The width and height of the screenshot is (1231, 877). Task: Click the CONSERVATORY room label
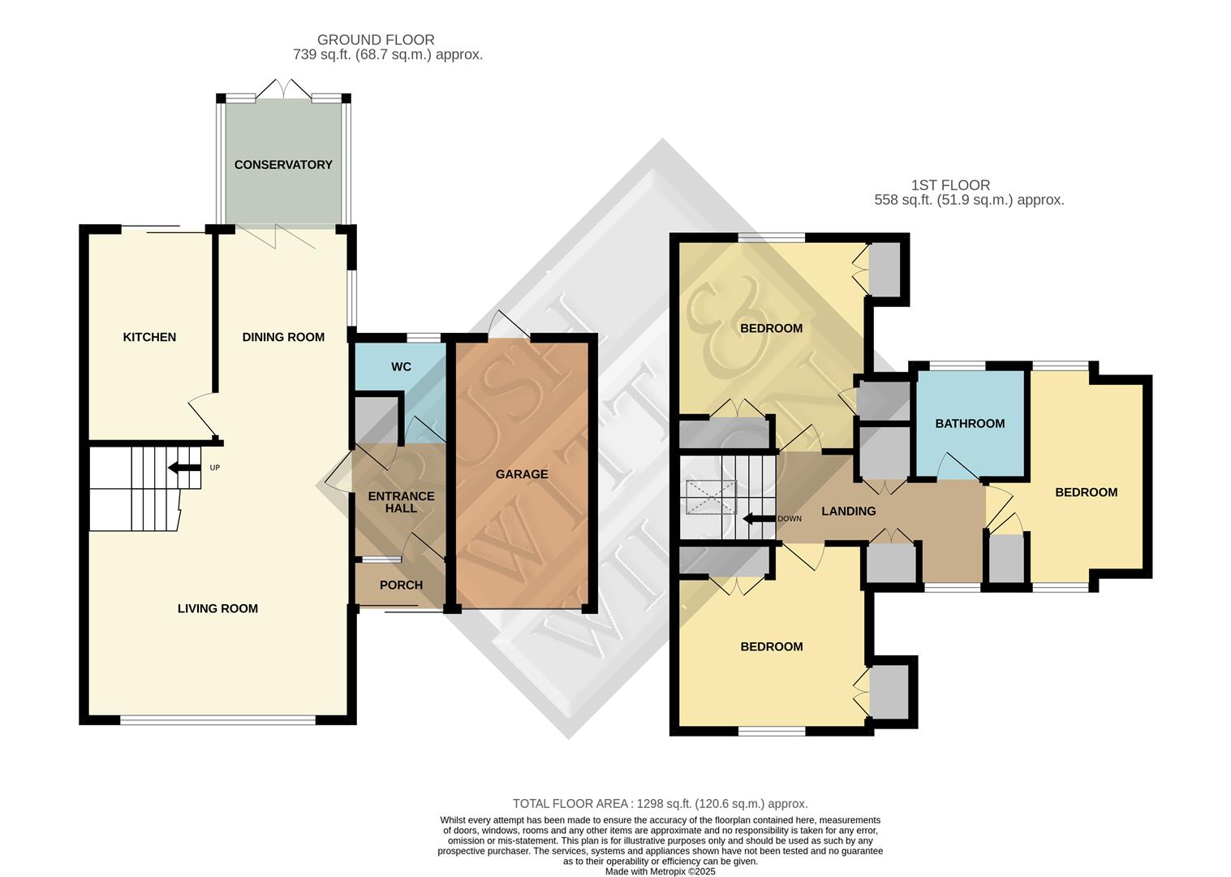click(283, 165)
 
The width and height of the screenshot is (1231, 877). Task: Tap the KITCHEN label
click(149, 337)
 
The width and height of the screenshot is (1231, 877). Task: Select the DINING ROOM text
click(283, 337)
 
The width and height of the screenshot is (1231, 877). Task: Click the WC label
click(401, 367)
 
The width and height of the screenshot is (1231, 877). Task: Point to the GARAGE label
click(522, 474)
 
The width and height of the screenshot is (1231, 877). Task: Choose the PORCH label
click(401, 585)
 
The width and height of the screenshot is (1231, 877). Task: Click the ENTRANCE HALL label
click(401, 502)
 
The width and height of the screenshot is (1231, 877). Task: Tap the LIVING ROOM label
click(217, 608)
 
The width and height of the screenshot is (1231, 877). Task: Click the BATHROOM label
click(970, 424)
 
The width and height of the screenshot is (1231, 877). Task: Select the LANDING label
click(848, 512)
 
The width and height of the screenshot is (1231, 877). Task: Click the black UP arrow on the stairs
click(183, 468)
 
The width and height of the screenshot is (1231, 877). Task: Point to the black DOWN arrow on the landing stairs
click(758, 519)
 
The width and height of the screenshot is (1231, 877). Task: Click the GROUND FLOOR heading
click(376, 40)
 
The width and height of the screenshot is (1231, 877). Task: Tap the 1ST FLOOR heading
click(950, 185)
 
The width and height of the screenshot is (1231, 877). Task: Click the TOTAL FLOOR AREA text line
click(660, 804)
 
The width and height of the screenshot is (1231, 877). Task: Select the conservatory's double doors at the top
click(284, 89)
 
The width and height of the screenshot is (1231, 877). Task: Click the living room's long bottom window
click(217, 719)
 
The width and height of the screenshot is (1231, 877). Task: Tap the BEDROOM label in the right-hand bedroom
click(1086, 492)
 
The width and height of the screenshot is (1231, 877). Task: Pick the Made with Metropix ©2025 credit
click(660, 871)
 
